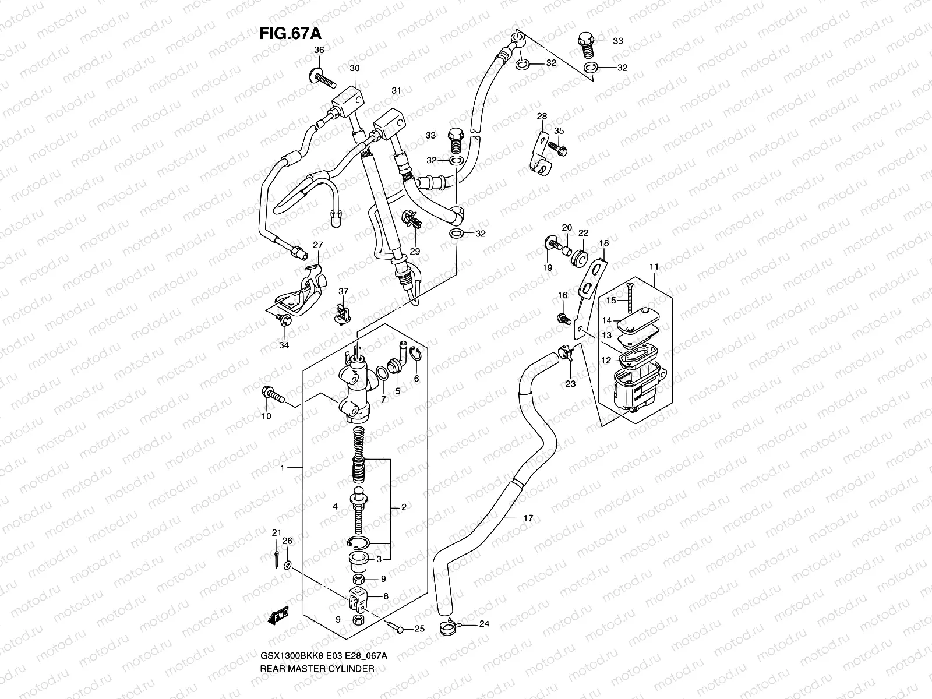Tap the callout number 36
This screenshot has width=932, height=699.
[319, 51]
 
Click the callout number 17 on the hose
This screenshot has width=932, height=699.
[528, 517]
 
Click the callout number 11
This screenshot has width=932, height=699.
[654, 267]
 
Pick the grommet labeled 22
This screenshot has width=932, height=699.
[580, 258]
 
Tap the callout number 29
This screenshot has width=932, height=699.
[415, 251]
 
